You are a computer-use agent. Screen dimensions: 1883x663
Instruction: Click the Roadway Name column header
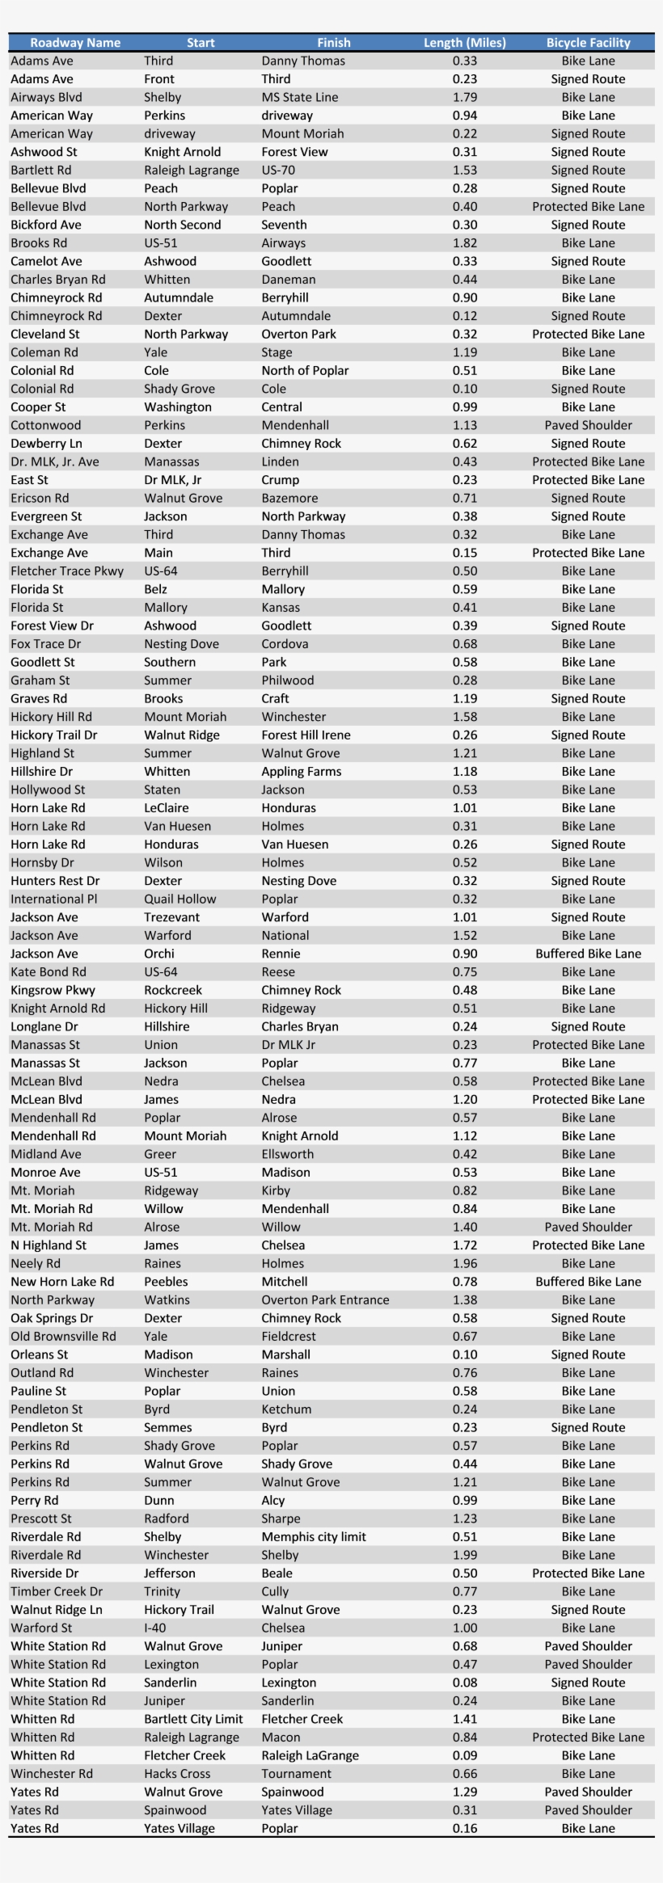74,43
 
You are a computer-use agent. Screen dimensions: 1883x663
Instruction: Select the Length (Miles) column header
464,43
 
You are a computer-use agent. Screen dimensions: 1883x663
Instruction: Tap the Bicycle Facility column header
588,43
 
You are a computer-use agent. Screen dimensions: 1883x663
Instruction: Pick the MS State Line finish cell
299,97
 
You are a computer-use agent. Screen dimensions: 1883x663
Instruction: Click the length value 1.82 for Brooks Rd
464,243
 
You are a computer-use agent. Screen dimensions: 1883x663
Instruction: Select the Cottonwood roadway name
45,425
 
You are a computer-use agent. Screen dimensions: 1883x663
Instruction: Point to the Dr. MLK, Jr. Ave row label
54,461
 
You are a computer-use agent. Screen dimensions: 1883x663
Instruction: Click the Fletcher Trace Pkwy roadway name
67,571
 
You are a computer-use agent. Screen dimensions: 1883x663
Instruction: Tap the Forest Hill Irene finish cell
306,735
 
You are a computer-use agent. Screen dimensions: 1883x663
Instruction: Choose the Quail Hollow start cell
179,899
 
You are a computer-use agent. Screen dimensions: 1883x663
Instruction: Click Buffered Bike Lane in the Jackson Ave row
588,954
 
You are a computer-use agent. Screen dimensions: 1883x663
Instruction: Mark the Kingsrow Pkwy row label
53,990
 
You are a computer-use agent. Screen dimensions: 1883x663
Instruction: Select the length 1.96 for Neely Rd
464,1263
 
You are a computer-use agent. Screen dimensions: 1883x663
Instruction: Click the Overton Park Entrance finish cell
325,1300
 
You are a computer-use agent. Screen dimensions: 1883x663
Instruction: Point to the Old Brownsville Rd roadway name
63,1336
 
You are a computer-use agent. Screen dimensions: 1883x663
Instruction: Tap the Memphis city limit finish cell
314,1536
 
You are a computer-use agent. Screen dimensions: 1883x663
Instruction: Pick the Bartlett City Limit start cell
193,1719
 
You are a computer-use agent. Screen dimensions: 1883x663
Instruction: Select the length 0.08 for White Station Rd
464,1683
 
